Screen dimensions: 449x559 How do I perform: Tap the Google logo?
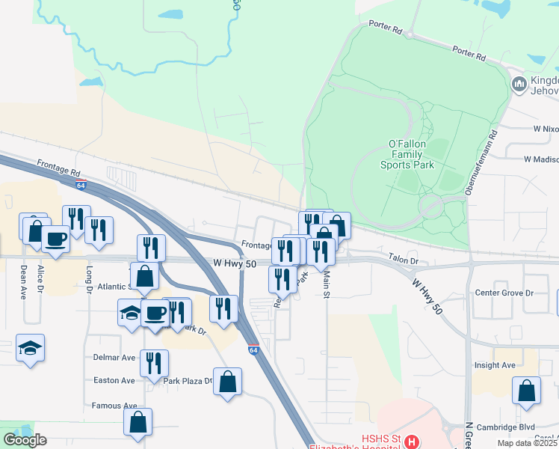(x=25, y=440)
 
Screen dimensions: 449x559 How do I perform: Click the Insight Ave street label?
(x=495, y=365)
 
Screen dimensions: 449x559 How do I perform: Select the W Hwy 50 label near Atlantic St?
(x=235, y=264)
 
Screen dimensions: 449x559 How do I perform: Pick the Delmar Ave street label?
(x=114, y=358)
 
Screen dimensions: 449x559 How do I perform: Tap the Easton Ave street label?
(x=114, y=380)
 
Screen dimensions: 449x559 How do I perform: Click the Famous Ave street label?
(x=115, y=406)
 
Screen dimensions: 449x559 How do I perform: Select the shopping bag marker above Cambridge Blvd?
(x=527, y=390)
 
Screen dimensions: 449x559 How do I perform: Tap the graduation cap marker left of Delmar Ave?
(x=30, y=347)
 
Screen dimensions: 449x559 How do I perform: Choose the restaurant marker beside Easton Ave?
(x=154, y=363)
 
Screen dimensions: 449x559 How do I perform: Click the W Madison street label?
(x=541, y=159)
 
